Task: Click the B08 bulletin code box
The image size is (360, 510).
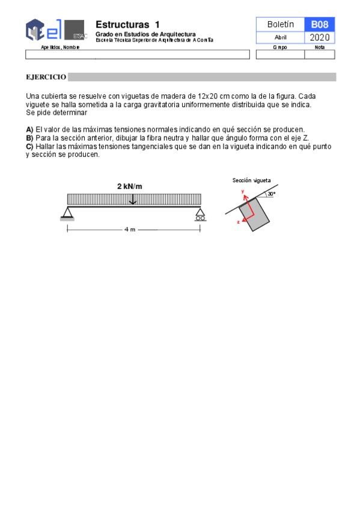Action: click(x=319, y=24)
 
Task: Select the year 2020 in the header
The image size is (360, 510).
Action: click(x=319, y=38)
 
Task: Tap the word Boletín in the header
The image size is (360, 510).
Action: click(x=280, y=24)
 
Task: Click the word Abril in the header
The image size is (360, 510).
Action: click(x=280, y=37)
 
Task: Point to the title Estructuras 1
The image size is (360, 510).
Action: click(x=127, y=25)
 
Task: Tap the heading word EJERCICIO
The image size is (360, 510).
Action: click(x=46, y=77)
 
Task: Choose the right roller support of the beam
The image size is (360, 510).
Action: click(x=200, y=214)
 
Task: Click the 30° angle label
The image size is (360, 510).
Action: click(x=271, y=194)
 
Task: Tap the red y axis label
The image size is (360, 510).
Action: click(x=243, y=191)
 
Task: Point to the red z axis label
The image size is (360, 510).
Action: click(x=238, y=222)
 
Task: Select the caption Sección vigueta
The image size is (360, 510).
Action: click(x=252, y=180)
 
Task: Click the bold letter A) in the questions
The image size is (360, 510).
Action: click(x=29, y=129)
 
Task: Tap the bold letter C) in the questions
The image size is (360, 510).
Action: click(x=29, y=146)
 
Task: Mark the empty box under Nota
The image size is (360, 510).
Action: click(x=320, y=55)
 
